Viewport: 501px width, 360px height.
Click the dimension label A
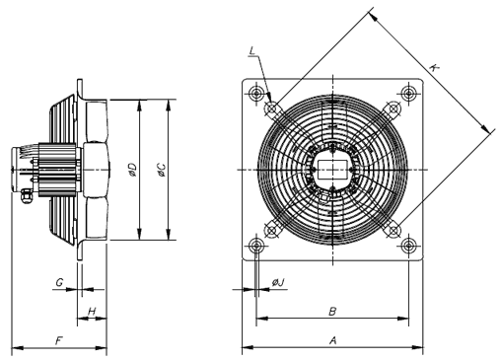(332, 340)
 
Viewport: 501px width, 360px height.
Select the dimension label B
(332, 311)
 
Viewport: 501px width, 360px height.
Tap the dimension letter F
(59, 341)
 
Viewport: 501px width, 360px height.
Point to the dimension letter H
(92, 311)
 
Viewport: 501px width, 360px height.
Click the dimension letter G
(59, 282)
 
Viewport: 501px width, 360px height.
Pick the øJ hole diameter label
(278, 282)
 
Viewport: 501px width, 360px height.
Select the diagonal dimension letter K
(434, 67)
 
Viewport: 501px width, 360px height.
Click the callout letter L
(252, 51)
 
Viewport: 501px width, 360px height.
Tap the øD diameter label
(133, 170)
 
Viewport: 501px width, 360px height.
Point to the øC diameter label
(162, 170)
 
